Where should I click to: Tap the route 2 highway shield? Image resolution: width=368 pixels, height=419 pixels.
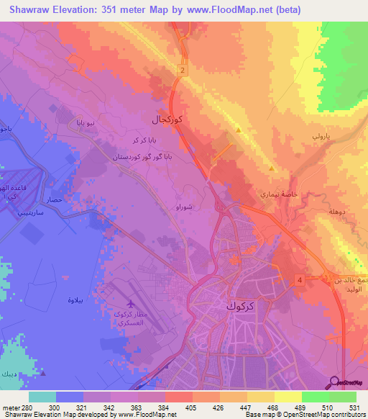point(183,70)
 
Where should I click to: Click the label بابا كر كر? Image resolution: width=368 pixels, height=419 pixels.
point(141,140)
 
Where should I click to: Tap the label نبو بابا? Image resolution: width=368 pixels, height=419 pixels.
point(91,124)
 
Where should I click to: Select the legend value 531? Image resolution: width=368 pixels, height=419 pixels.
point(355,407)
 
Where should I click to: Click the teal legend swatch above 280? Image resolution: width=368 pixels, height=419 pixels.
point(42,397)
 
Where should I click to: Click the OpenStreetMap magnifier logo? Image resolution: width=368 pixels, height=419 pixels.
point(333,382)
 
